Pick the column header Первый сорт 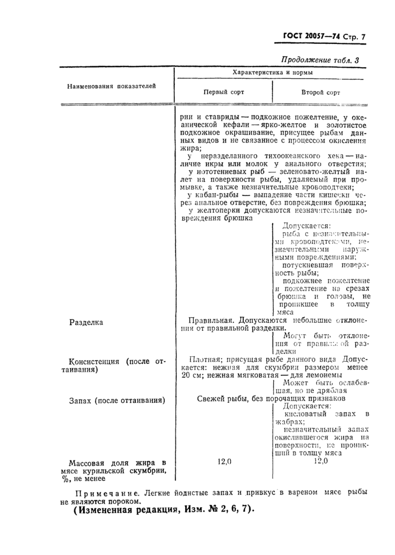[x=223, y=92]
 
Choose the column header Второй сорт [x=321, y=92]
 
